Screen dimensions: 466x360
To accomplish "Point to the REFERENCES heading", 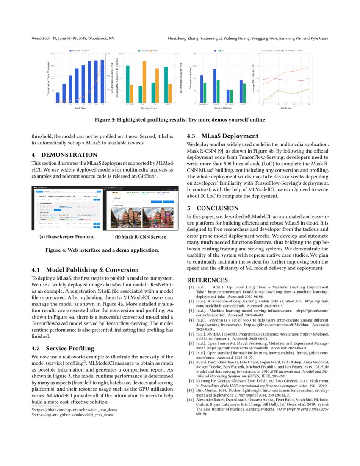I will coord(208,280).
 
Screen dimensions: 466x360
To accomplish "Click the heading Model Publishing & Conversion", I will coord(92,269).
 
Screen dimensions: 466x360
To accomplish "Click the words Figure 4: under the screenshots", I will coord(57,250).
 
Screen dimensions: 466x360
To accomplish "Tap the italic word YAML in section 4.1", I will coord(104,291).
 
